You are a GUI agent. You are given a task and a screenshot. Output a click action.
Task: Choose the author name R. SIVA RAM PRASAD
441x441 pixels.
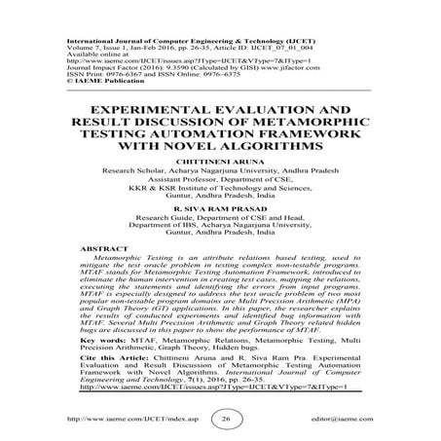click(219, 207)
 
